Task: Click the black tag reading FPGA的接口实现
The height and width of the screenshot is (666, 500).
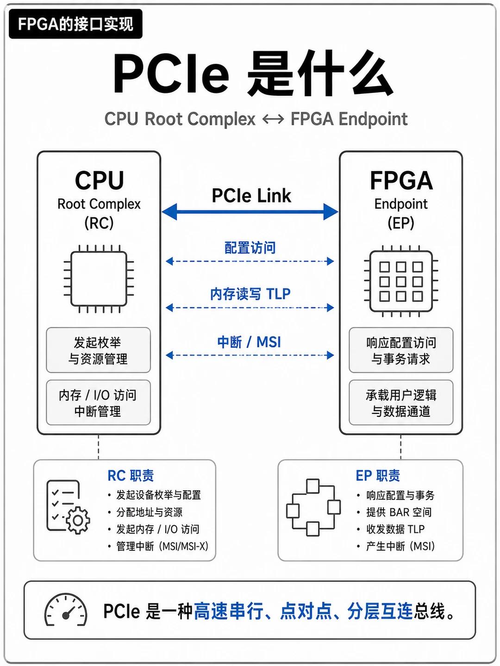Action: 75,24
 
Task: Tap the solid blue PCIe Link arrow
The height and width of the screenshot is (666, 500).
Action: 250,211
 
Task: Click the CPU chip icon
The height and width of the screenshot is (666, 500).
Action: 99,278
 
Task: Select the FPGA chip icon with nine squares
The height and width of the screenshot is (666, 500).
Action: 401,281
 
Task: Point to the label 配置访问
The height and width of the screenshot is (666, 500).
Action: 250,247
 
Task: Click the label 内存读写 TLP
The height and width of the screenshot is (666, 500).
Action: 250,294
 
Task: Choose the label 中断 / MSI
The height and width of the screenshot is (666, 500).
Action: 249,342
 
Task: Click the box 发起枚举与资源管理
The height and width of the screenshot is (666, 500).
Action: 98,350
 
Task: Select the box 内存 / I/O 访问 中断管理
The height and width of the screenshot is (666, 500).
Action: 98,402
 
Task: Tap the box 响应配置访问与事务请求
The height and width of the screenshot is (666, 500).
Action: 401,350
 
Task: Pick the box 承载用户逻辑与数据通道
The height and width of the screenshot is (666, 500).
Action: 401,402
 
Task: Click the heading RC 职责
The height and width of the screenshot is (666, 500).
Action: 131,475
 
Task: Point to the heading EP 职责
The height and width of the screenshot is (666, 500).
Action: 378,475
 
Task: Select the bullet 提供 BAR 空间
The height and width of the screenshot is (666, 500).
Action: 399,512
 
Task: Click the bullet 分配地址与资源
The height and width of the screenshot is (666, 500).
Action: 149,512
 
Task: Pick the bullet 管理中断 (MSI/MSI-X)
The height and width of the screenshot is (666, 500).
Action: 162,546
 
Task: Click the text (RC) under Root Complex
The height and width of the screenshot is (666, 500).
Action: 99,223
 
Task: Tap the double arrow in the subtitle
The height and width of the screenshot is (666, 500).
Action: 273,119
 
